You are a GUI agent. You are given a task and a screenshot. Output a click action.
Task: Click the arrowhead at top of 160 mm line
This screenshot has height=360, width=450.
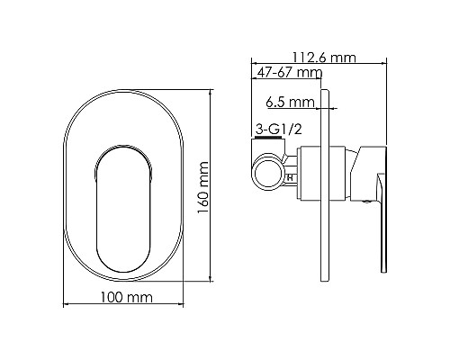212,93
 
